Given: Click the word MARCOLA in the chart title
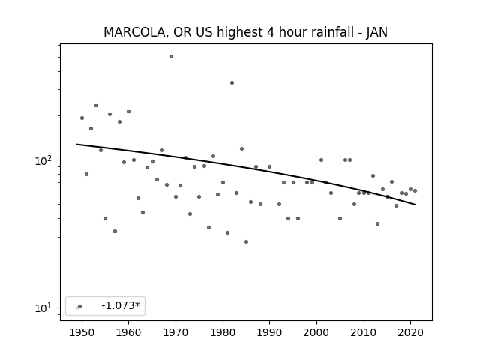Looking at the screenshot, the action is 135,32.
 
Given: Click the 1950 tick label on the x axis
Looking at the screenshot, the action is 82,332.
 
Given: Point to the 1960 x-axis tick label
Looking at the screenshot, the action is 128,332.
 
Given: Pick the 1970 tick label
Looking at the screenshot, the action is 175,332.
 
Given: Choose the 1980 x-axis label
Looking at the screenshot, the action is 223,332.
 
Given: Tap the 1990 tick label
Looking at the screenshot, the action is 269,332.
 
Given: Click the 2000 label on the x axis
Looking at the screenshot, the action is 316,332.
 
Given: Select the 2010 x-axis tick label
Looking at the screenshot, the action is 363,332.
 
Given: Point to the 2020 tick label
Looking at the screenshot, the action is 410,332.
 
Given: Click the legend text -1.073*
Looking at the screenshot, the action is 121,305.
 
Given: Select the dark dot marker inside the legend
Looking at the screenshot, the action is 80,306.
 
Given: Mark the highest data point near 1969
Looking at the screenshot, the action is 171,57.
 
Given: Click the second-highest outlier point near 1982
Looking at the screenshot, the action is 232,83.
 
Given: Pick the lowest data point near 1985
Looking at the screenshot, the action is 246,241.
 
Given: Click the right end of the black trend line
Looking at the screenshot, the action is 415,205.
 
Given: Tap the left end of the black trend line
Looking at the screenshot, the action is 76,144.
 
